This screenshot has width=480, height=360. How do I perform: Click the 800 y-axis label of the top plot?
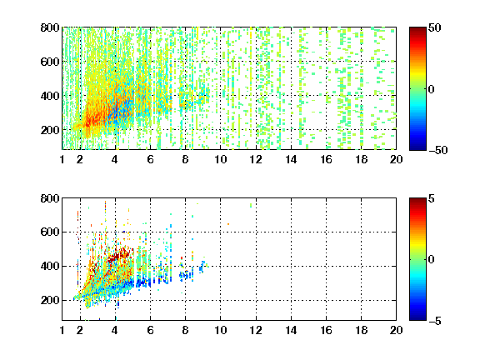[x=50, y=27]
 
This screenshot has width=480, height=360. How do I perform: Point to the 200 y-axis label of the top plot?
[x=50, y=130]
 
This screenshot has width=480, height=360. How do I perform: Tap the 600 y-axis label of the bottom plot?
[x=50, y=232]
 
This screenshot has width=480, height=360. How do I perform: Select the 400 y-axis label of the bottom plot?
[x=50, y=266]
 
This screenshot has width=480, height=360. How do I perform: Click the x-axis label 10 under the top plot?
[x=220, y=159]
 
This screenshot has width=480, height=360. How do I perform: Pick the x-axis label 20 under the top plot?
[x=396, y=159]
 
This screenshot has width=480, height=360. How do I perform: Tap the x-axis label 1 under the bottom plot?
[x=62, y=330]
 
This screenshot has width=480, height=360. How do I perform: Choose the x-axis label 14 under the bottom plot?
[x=291, y=330]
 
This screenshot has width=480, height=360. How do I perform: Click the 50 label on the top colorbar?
[x=435, y=27]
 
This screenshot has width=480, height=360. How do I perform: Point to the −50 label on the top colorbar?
[x=437, y=150]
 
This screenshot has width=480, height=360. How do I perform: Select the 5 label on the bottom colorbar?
[x=432, y=198]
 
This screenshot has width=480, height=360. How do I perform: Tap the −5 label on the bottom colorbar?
[x=435, y=321]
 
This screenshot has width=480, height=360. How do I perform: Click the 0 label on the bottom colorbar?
[x=432, y=260]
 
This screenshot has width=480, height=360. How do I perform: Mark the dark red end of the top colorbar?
[x=417, y=29]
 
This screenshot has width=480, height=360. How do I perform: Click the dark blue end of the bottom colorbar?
[x=417, y=318]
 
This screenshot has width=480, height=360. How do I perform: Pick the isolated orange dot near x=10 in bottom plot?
[x=228, y=224]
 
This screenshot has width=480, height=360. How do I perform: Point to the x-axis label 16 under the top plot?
[x=327, y=159]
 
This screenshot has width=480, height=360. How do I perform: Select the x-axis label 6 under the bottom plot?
[x=150, y=330]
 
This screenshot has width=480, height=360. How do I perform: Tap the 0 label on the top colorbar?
[x=432, y=89]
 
